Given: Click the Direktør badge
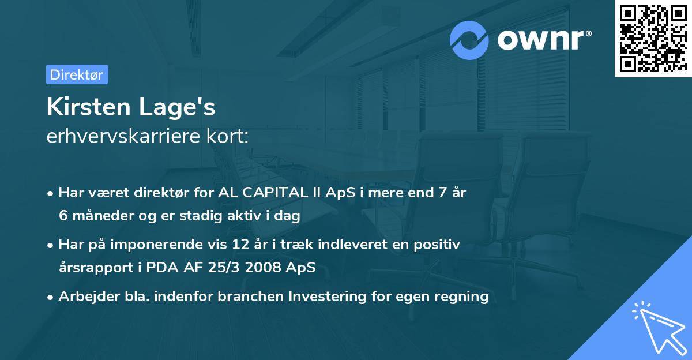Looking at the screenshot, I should pos(77,74).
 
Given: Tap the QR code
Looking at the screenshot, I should pos(653,38).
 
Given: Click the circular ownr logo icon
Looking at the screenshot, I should pos(469,40).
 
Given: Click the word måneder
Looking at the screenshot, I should pos(100,216).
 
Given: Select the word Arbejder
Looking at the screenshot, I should pos(86,297).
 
